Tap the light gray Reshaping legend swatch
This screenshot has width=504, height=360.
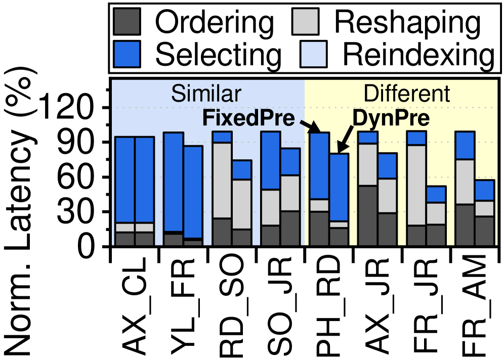point(305,22)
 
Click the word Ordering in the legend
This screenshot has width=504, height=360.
point(214,22)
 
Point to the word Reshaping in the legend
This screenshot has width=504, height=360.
point(407,22)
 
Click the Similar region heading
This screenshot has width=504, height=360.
point(206,94)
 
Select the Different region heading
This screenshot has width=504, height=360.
point(407,94)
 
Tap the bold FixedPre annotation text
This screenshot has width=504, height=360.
point(248,119)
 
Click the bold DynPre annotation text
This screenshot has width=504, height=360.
point(391,119)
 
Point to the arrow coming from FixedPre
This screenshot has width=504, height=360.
point(308,125)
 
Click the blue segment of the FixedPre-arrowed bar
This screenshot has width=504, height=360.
point(319,166)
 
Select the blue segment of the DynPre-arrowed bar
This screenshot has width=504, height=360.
point(339,187)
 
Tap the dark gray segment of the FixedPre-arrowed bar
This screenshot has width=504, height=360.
point(319,229)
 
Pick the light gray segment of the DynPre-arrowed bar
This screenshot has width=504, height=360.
point(339,224)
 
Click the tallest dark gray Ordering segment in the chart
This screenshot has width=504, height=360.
point(368,215)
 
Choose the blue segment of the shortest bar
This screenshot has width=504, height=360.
point(436,195)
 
